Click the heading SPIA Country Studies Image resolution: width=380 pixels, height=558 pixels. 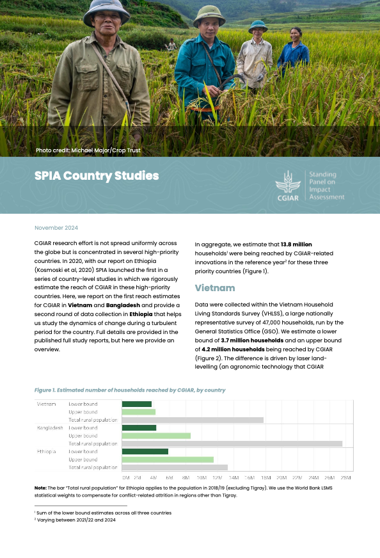point(97,176)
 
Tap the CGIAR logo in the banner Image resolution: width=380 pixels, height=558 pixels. point(288,186)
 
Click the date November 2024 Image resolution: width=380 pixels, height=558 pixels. point(56,228)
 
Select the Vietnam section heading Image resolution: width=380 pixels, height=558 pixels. point(215,288)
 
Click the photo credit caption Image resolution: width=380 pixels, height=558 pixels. point(88,150)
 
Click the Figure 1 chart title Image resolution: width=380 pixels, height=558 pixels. point(130,390)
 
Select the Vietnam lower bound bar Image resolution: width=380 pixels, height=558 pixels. point(137,404)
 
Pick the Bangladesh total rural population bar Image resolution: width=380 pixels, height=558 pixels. point(232,443)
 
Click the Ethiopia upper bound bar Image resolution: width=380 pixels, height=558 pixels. point(168,459)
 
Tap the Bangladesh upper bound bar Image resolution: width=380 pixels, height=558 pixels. point(156,436)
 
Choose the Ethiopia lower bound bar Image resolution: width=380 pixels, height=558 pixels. point(145,452)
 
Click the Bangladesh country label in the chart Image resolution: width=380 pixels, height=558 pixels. point(50,427)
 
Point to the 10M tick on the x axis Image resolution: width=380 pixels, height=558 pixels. point(202,478)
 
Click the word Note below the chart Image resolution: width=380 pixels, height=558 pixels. point(40,488)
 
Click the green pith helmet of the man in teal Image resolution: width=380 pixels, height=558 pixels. point(209,12)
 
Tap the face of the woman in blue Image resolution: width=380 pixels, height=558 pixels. point(295,33)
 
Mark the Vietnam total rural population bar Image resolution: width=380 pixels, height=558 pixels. point(193,420)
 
